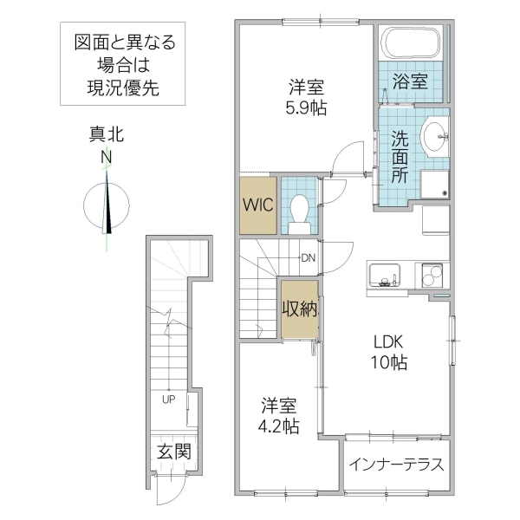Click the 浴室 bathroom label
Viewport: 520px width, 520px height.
click(410, 82)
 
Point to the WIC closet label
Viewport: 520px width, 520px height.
click(257, 206)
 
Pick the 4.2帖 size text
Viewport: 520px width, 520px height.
click(280, 426)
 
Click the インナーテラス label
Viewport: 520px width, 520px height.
click(397, 465)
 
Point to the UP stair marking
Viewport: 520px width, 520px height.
click(166, 399)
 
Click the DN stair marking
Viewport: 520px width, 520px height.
click(308, 257)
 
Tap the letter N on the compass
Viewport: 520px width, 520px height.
click(107, 156)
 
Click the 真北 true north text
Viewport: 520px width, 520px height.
click(107, 133)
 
